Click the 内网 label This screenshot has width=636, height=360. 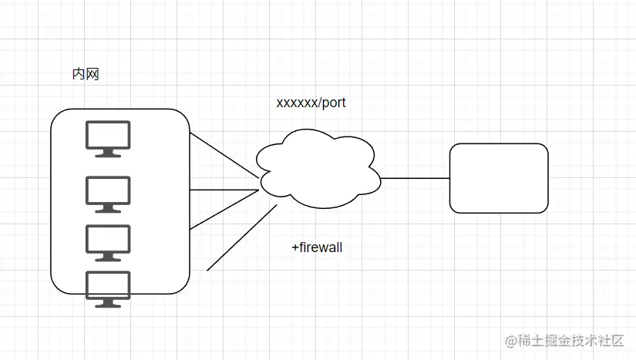(x=85, y=75)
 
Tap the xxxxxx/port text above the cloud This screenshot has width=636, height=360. (x=311, y=103)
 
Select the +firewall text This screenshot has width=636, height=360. (x=316, y=247)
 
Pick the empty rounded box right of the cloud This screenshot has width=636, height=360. (x=499, y=178)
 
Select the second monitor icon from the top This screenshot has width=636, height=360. (x=108, y=193)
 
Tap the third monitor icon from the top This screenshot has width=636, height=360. (x=108, y=242)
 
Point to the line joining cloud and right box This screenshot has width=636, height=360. (x=415, y=178)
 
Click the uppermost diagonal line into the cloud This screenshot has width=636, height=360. (x=224, y=160)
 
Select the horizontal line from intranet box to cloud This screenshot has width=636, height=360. (x=224, y=189)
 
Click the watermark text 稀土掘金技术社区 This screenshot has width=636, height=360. (x=570, y=339)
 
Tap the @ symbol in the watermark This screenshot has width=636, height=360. (x=510, y=340)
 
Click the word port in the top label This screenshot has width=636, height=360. (x=334, y=103)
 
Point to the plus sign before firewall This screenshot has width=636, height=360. (x=294, y=247)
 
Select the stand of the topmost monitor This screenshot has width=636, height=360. (x=108, y=153)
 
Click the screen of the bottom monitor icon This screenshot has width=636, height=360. (x=108, y=285)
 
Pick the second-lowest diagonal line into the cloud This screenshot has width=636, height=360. (x=224, y=209)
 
